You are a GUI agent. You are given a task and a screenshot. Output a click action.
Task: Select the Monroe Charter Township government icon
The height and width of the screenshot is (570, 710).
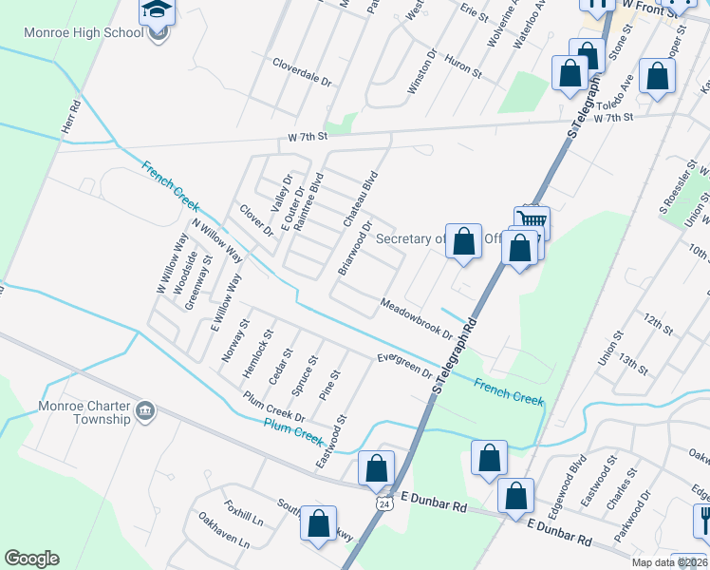[x=144, y=410]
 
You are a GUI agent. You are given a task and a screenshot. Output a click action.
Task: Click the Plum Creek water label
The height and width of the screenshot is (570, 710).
[x=293, y=433]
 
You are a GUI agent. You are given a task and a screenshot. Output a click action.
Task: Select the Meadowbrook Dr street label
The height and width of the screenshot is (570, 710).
[x=416, y=318]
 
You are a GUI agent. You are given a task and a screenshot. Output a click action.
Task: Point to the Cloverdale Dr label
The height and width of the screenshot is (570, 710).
[x=302, y=71]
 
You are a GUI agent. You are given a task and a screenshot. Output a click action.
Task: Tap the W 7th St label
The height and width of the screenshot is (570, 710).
[x=308, y=137]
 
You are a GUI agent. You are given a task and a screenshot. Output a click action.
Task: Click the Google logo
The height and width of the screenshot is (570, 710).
[x=31, y=559]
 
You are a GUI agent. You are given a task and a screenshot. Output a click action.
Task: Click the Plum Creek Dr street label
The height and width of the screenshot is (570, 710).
[x=273, y=407]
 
